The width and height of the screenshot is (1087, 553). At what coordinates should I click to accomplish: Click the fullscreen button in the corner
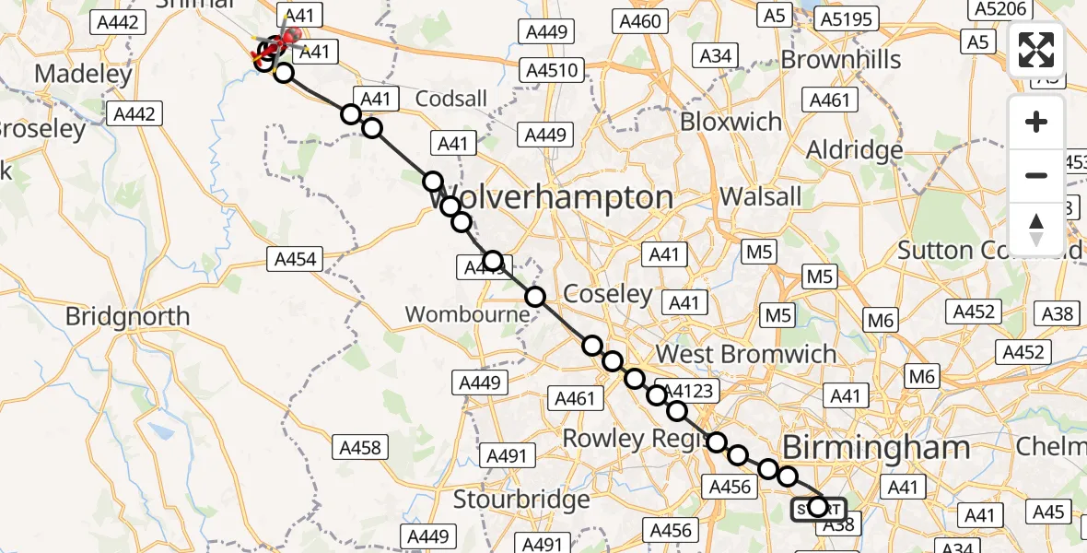click(x=1036, y=50)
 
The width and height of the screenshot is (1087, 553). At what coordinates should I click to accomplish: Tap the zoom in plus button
click(x=1036, y=123)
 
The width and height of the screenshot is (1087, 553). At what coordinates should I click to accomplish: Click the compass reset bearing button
click(x=1036, y=229)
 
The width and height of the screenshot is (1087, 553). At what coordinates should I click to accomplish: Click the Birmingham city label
click(x=876, y=449)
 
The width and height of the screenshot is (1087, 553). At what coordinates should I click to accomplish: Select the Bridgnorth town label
click(x=127, y=316)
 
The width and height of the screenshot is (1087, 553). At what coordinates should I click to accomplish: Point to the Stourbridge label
click(x=522, y=500)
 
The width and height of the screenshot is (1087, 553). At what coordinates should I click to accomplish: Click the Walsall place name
click(x=761, y=196)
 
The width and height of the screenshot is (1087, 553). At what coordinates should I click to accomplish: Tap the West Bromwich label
click(x=746, y=354)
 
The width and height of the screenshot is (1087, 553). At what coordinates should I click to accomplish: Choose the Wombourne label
click(x=468, y=314)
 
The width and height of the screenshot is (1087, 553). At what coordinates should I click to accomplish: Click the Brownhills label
click(x=841, y=60)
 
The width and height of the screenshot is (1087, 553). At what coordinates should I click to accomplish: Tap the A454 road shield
click(x=295, y=259)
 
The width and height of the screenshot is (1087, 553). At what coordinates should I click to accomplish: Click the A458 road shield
click(x=360, y=448)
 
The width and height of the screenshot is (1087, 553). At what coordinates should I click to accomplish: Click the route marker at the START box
click(x=817, y=506)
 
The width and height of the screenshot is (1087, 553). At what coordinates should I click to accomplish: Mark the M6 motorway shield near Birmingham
click(x=922, y=376)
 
